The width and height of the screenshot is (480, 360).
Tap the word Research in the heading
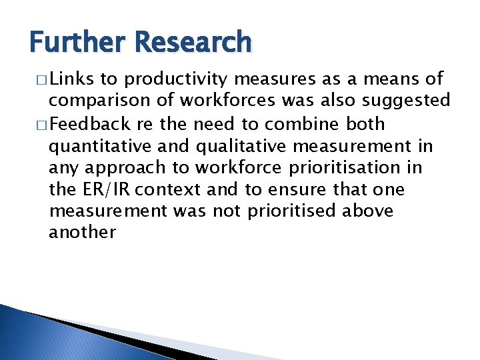(x=193, y=42)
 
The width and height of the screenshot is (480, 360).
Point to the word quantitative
(x=97, y=145)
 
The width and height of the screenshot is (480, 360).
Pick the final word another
(x=82, y=233)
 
